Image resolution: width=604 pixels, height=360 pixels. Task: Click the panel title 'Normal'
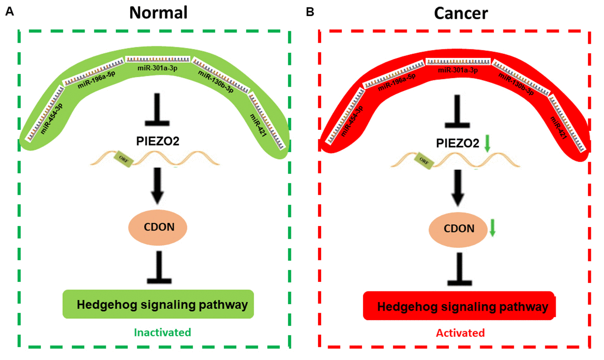(158, 13)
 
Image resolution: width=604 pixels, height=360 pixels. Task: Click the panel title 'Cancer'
(461, 13)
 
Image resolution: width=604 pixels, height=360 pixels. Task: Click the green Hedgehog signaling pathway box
(158, 304)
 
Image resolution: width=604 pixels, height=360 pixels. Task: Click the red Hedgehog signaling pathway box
(459, 306)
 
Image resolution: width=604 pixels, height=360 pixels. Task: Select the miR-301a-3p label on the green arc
(157, 67)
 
